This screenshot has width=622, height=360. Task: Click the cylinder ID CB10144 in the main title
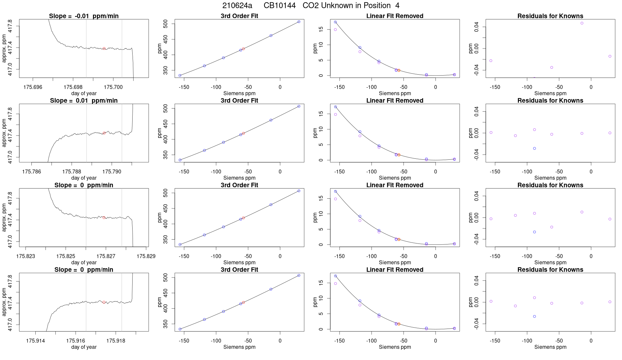pyautogui.click(x=280, y=6)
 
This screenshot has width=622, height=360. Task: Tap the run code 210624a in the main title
pyautogui.click(x=237, y=6)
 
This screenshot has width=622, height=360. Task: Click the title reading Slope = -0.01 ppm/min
pyautogui.click(x=84, y=16)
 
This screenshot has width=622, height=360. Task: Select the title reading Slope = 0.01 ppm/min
pyautogui.click(x=84, y=100)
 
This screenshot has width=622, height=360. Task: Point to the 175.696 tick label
pyautogui.click(x=33, y=87)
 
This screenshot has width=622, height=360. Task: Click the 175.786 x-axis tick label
pyautogui.click(x=31, y=171)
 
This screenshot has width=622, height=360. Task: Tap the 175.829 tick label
pyautogui.click(x=146, y=256)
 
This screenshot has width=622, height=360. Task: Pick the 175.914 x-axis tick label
pyautogui.click(x=35, y=341)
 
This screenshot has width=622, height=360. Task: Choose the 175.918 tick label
pyautogui.click(x=116, y=341)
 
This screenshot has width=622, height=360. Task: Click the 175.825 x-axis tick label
pyautogui.click(x=65, y=256)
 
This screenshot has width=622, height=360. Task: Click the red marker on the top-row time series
pyautogui.click(x=104, y=48)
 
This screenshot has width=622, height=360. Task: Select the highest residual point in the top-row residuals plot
pyautogui.click(x=582, y=23)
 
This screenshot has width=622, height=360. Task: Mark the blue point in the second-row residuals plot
pyautogui.click(x=534, y=148)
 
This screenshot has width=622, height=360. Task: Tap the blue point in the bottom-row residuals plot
pyautogui.click(x=534, y=316)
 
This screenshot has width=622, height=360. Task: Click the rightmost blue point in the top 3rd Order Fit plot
pyautogui.click(x=299, y=22)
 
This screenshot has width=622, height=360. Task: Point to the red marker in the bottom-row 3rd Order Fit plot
pyautogui.click(x=244, y=302)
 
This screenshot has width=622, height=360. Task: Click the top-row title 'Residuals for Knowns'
pyautogui.click(x=550, y=16)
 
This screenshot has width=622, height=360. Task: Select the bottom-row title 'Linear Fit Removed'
pyautogui.click(x=394, y=270)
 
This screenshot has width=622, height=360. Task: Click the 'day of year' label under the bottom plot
pyautogui.click(x=84, y=347)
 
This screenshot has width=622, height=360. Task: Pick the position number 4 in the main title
pyautogui.click(x=397, y=6)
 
